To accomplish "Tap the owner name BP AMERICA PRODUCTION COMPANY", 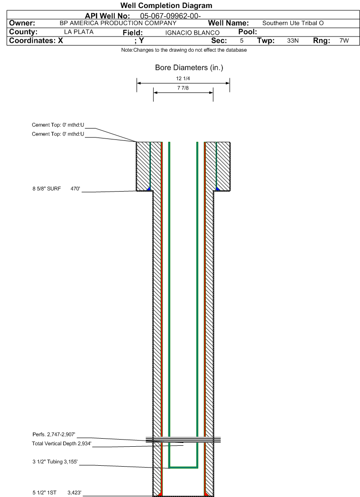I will click(x=118, y=23).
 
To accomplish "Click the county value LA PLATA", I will click(x=79, y=32).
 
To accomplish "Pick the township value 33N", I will click(x=293, y=41).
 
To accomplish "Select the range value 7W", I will click(x=344, y=41).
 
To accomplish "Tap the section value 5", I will click(x=241, y=41).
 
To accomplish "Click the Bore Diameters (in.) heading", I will click(x=189, y=68).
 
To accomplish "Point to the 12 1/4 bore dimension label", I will click(x=183, y=79).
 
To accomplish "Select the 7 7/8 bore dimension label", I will click(x=183, y=88).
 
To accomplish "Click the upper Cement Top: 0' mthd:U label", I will click(x=58, y=125).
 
